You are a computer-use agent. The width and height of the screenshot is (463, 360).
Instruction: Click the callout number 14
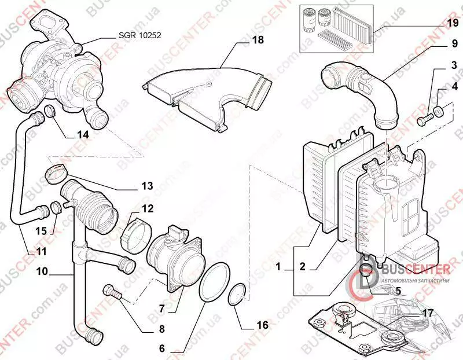point(83,135)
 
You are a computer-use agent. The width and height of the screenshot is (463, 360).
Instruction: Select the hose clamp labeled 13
point(57,172)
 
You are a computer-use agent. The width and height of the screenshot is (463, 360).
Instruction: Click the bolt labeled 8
point(113,292)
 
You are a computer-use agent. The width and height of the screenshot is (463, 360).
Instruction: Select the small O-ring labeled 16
point(236,296)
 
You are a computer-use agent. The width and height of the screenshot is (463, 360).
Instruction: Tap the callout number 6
point(163,349)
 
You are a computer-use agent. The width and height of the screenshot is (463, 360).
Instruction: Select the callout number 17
point(428,313)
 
